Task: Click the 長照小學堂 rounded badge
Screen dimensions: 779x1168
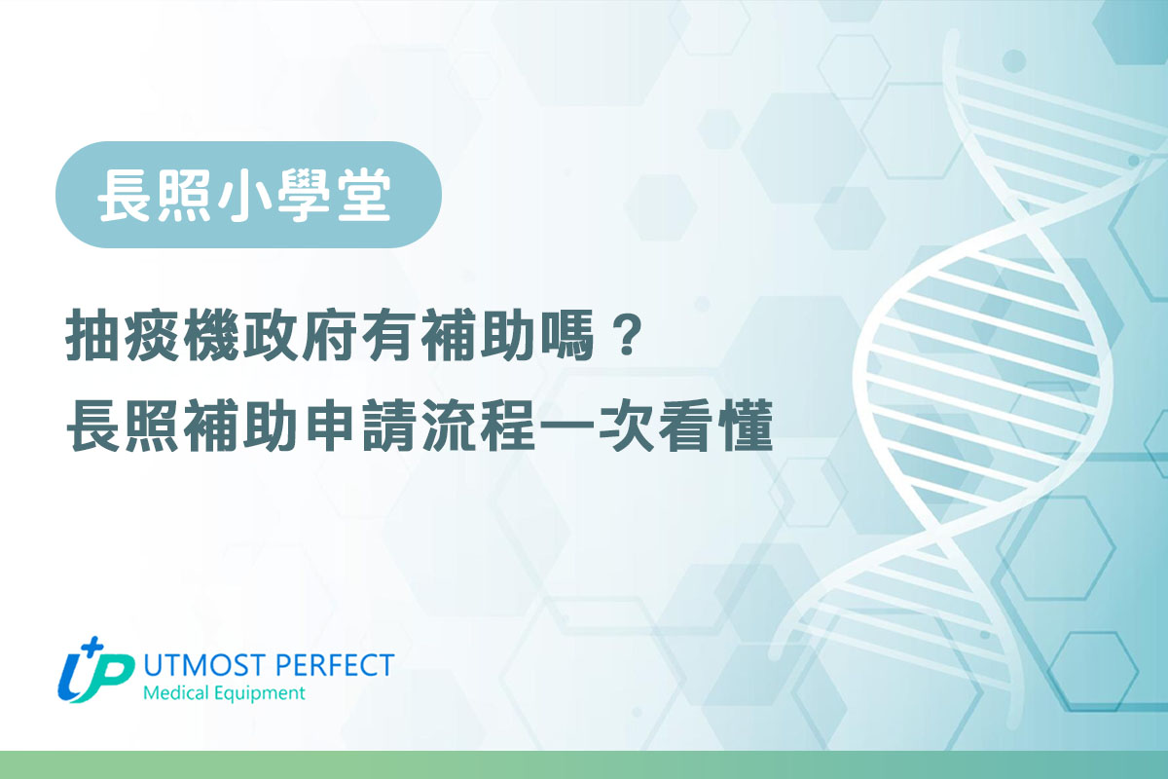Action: coord(248,195)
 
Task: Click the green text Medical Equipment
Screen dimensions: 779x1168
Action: coord(223,694)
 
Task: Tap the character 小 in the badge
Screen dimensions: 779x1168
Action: coord(248,196)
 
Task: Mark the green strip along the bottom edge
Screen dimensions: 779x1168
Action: coord(584,764)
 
